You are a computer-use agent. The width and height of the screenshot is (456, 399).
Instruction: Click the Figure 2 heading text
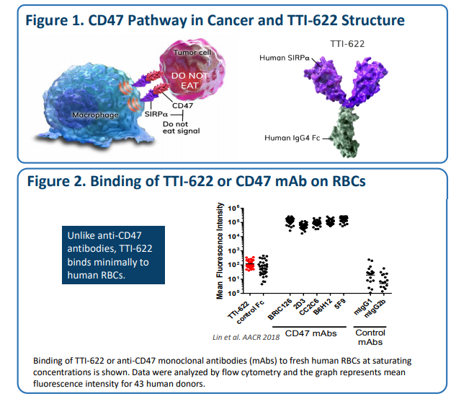coord(195,181)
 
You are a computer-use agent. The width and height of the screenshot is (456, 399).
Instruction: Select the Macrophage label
coord(94,115)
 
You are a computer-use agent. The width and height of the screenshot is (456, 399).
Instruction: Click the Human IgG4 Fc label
coord(298,137)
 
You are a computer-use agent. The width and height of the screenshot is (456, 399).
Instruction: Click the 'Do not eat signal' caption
coord(174,128)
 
